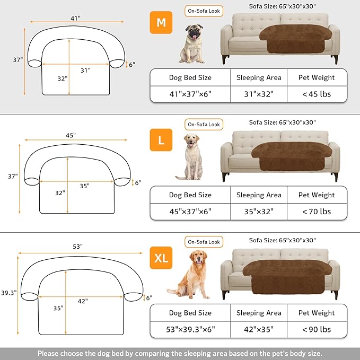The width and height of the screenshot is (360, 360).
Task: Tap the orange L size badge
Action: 161,141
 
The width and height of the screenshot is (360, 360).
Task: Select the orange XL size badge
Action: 161,258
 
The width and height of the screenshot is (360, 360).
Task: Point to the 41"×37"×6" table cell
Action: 190,94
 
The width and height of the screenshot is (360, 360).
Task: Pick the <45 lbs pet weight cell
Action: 317,94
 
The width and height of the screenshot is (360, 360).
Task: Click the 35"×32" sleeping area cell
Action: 259,212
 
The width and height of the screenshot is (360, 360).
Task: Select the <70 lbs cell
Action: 317,212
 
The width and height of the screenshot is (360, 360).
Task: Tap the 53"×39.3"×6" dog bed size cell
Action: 190,329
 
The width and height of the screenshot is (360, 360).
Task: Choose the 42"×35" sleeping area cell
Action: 259,329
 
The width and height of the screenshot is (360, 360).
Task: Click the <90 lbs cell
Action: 317,329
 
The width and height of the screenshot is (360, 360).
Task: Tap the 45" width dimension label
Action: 71,135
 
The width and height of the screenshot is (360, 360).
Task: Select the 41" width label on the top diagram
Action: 75,18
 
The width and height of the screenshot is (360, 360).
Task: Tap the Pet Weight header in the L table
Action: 317,195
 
